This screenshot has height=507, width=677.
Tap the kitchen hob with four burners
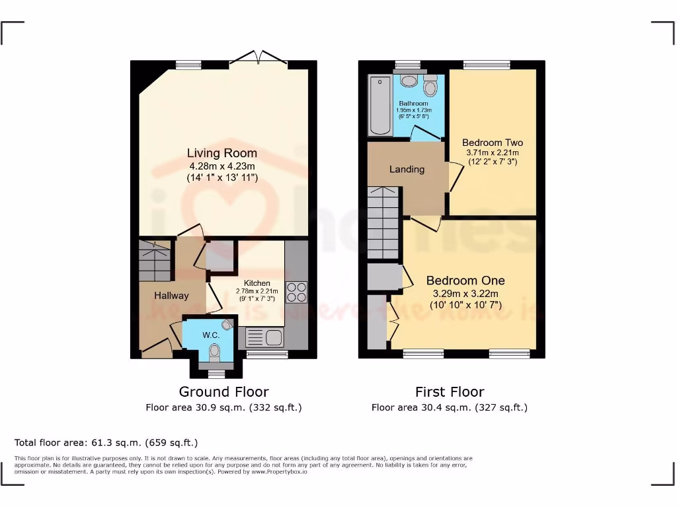[296, 292]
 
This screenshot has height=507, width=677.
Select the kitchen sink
[264, 338]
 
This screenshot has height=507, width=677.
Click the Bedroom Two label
[492, 143]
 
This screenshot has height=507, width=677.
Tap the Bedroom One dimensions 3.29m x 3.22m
[465, 293]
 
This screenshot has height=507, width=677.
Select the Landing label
[407, 169]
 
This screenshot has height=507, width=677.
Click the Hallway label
[171, 296]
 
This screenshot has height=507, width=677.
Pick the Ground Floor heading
[223, 391]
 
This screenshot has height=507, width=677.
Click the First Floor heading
[450, 391]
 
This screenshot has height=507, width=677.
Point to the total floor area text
[106, 442]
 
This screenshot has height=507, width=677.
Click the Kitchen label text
[257, 283]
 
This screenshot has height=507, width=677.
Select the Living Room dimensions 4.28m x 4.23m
[221, 166]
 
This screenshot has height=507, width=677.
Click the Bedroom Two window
[487, 65]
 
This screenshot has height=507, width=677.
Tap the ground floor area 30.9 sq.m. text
[223, 407]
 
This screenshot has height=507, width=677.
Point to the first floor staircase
[383, 222]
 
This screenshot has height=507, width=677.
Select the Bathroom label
[413, 104]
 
